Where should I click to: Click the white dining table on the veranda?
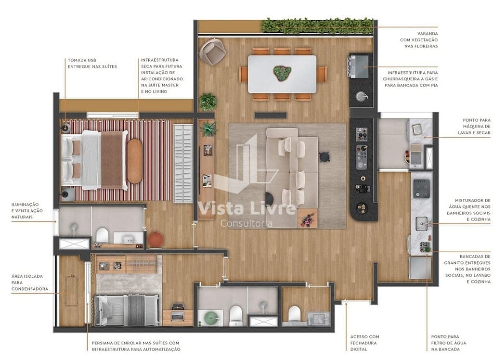(x=282, y=74)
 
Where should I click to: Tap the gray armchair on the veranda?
(x=212, y=52)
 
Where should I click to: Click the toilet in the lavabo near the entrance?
(x=294, y=314)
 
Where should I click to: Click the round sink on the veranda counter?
(x=361, y=96)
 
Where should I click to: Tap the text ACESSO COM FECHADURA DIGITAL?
(x=364, y=343)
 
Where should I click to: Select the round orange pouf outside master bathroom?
(x=156, y=239)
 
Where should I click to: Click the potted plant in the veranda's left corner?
(x=208, y=102)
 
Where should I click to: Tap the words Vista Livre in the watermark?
(x=247, y=208)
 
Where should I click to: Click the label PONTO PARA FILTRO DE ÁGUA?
(x=448, y=343)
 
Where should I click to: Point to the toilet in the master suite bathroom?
(x=102, y=236)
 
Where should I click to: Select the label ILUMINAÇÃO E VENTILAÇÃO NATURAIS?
(x=27, y=211)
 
